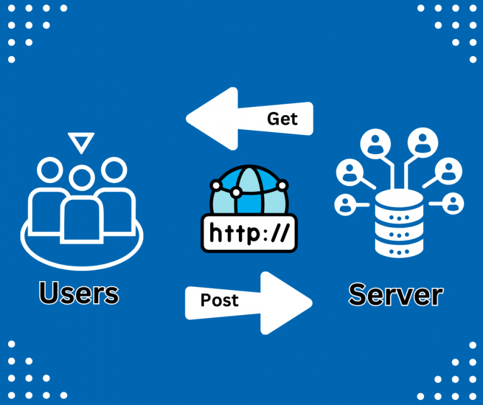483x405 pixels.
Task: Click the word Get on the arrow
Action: (x=282, y=118)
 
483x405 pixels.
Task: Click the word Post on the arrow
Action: (x=219, y=300)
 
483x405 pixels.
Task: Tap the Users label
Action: (x=79, y=293)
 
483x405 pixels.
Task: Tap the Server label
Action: (x=396, y=294)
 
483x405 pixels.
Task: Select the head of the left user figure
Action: (x=50, y=169)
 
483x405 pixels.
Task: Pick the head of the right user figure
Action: (x=114, y=169)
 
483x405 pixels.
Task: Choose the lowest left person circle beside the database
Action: (x=345, y=203)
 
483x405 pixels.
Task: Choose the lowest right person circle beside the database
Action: (x=452, y=203)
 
